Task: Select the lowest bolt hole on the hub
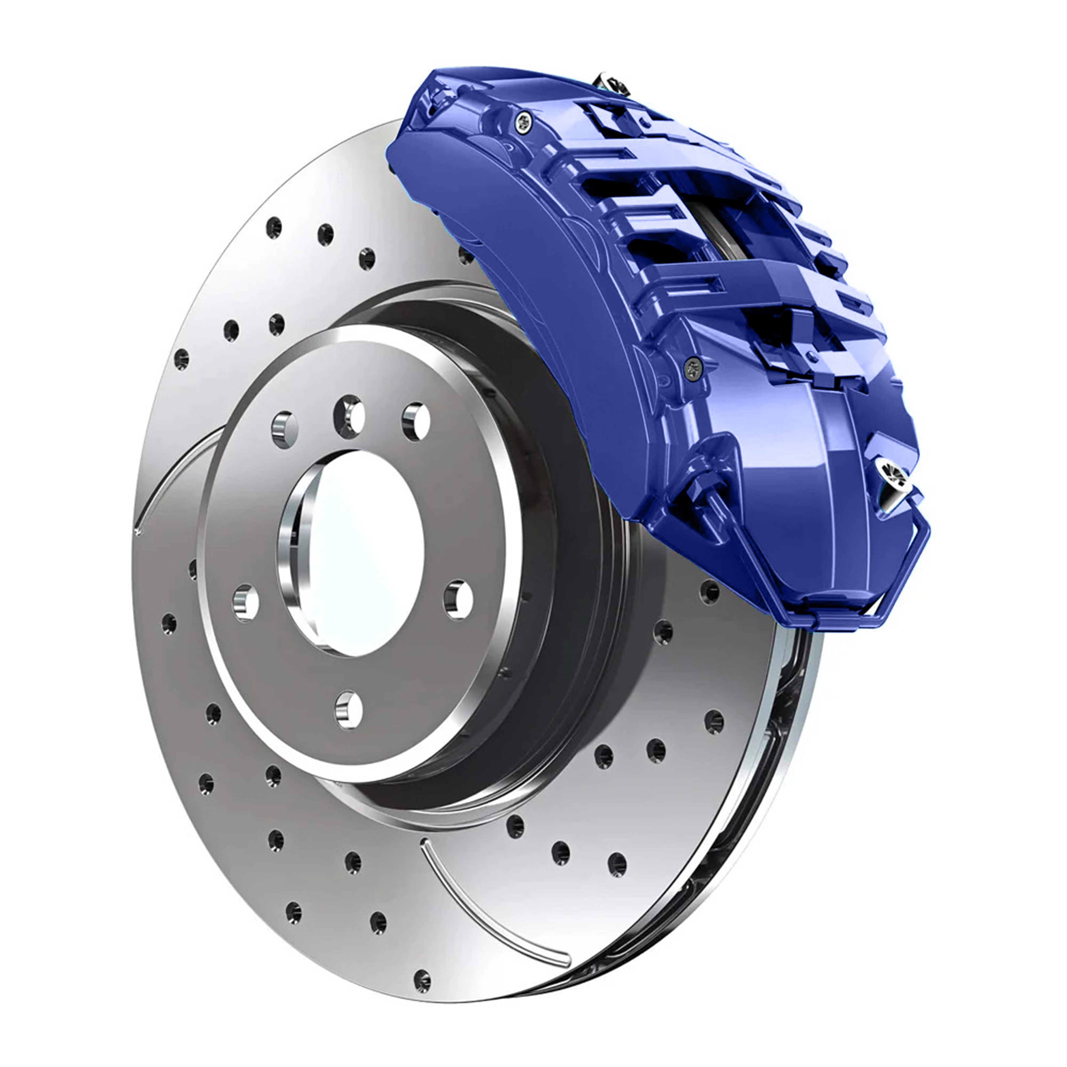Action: (x=349, y=710)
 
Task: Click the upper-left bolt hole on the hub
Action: (x=285, y=429)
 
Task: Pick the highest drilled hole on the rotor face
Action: (x=273, y=226)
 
